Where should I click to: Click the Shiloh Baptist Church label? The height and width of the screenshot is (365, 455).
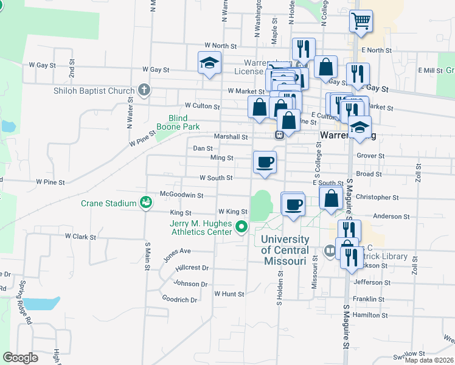(92, 91)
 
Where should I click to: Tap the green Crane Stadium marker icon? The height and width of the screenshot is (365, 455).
(145, 202)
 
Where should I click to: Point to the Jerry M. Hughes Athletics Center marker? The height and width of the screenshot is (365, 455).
(241, 229)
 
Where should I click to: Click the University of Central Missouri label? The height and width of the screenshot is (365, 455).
(285, 250)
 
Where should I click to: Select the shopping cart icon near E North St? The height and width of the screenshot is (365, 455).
(361, 22)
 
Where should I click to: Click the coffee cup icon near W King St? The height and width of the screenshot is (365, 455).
(293, 204)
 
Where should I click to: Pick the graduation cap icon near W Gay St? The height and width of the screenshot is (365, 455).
(209, 63)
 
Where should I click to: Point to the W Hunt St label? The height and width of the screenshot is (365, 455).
(229, 294)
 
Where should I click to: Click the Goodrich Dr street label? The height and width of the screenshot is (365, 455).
(180, 299)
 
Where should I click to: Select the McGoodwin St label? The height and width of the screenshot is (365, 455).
(181, 195)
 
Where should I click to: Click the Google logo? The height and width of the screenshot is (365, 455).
(20, 358)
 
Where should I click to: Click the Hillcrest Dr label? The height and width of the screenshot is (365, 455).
(192, 268)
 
